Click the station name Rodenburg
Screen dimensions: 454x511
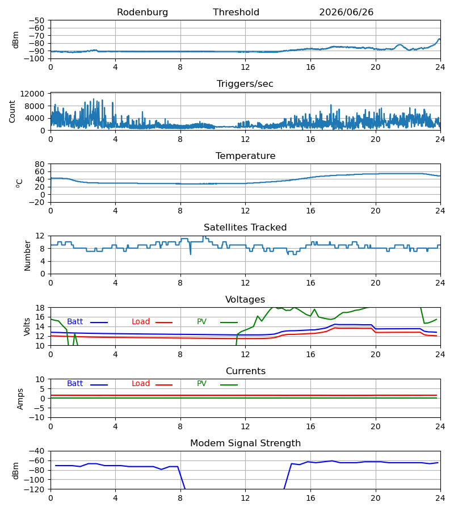pyautogui.click(x=142, y=12)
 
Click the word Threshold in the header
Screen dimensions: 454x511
pyautogui.click(x=236, y=12)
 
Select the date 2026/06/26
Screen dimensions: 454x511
pyautogui.click(x=346, y=12)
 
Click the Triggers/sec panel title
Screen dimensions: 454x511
pyautogui.click(x=245, y=84)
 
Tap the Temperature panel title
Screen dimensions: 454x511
pyautogui.click(x=245, y=156)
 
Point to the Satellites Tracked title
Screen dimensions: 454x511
pyautogui.click(x=245, y=228)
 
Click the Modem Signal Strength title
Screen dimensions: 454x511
pyautogui.click(x=245, y=443)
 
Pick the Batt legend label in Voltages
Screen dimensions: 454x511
pyautogui.click(x=75, y=322)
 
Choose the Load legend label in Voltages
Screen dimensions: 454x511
pyautogui.click(x=141, y=322)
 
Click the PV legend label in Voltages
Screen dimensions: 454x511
pyautogui.click(x=201, y=322)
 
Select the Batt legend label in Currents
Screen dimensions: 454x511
pyautogui.click(x=75, y=384)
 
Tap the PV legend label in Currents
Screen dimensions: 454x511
pyautogui.click(x=201, y=384)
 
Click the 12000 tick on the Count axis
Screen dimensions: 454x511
pyautogui.click(x=32, y=94)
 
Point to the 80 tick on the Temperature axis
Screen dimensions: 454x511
pyautogui.click(x=40, y=164)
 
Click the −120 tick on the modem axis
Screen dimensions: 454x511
pyautogui.click(x=35, y=489)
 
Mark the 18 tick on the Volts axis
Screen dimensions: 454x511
pyautogui.click(x=40, y=308)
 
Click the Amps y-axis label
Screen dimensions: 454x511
pyautogui.click(x=20, y=399)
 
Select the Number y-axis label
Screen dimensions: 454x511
pyautogui.click(x=27, y=256)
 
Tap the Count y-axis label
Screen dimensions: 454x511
pyautogui.click(x=12, y=111)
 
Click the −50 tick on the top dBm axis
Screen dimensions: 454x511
pyautogui.click(x=37, y=20)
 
